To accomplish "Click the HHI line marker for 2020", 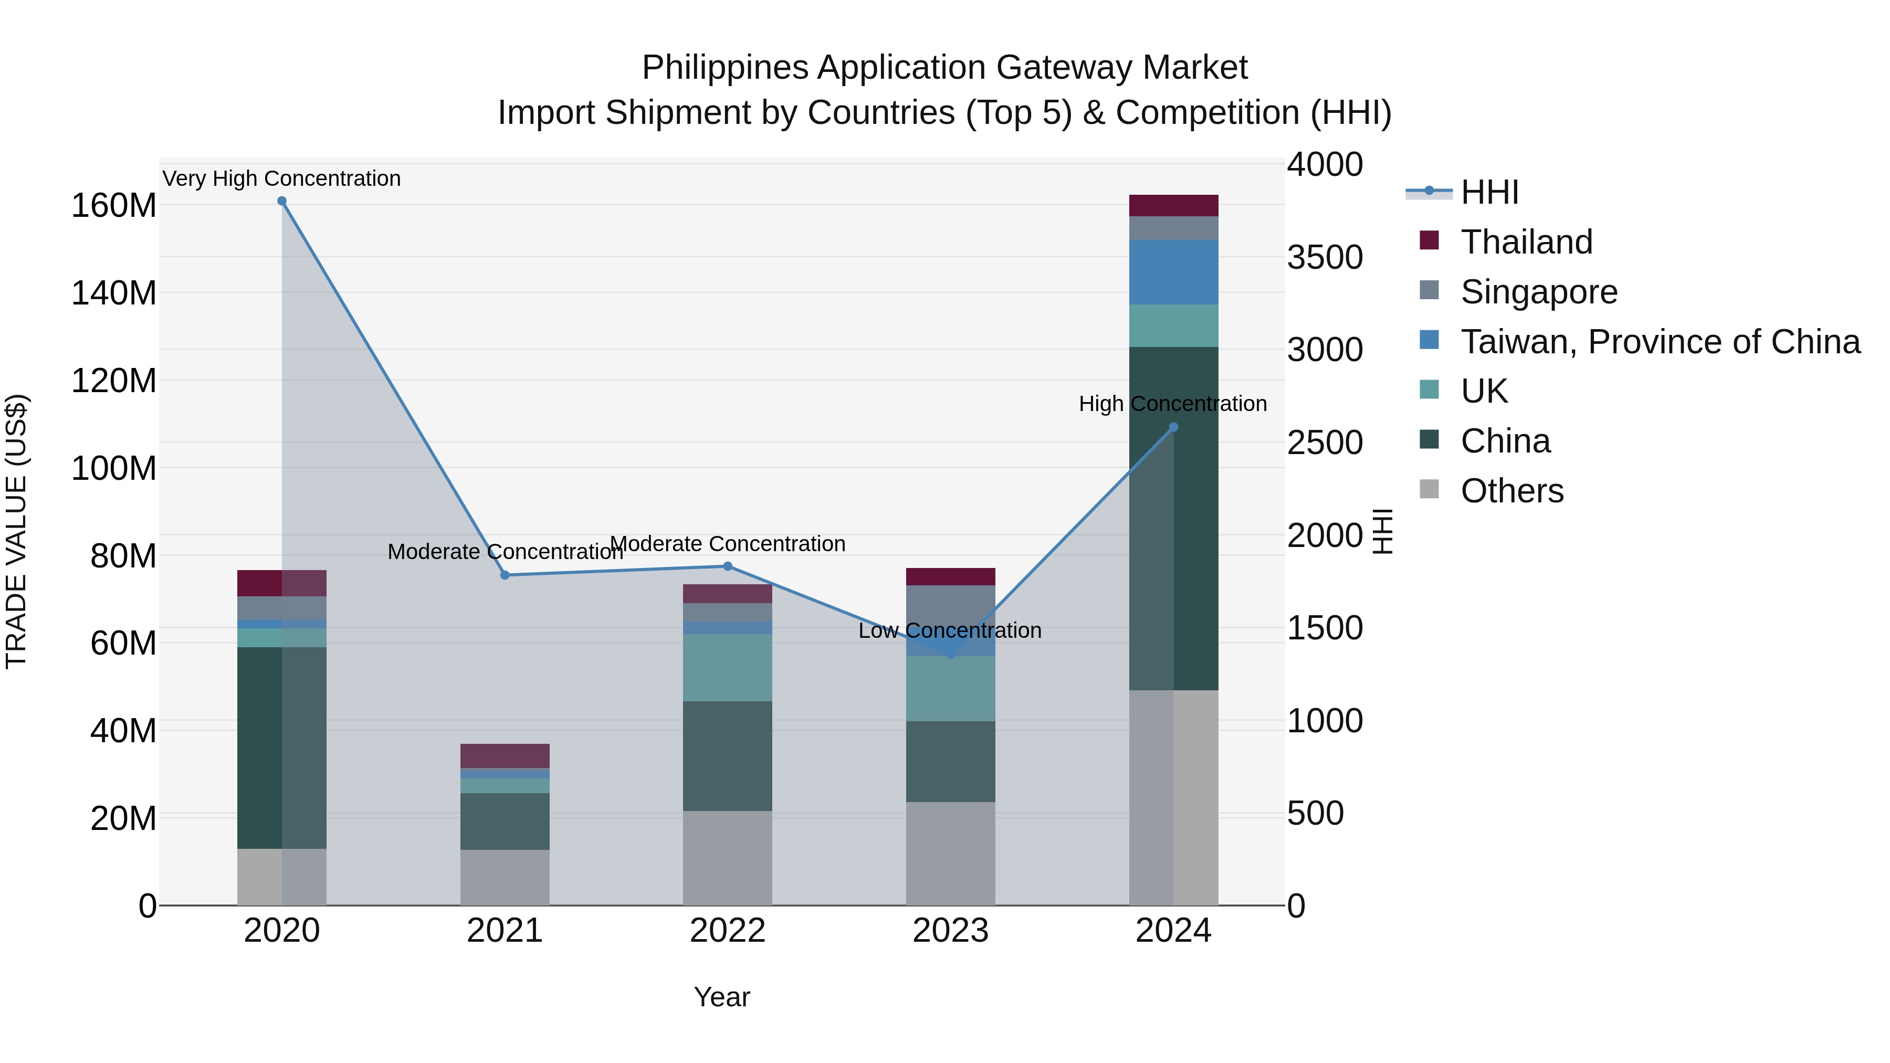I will [x=282, y=201].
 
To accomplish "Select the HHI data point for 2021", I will [x=505, y=575].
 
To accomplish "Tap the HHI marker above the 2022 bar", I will [x=728, y=566].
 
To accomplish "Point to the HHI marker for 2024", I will [x=1173, y=427].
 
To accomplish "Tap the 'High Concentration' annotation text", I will [x=1172, y=404].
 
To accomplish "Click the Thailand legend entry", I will [x=1526, y=242].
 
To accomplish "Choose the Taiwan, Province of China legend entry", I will [x=1660, y=342].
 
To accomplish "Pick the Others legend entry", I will [x=1511, y=491].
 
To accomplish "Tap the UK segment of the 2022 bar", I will [x=728, y=668].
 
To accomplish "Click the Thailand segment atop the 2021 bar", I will [x=505, y=755].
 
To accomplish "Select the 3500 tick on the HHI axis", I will [x=1325, y=258].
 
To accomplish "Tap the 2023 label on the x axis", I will [x=950, y=931].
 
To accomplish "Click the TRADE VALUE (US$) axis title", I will [x=16, y=531].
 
